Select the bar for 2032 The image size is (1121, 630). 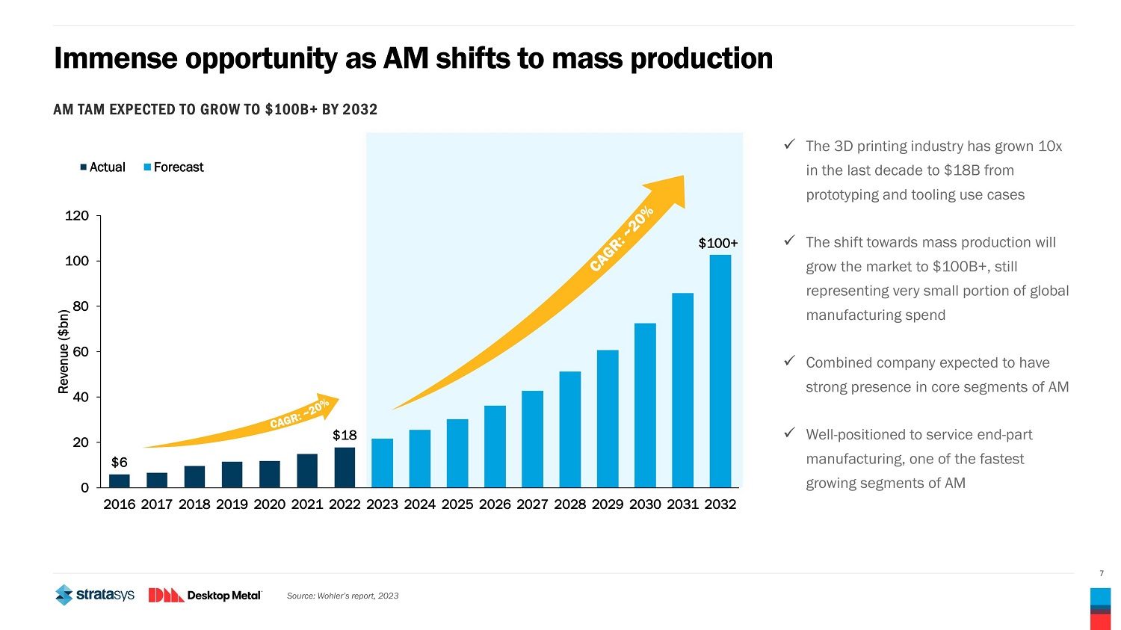tap(720, 371)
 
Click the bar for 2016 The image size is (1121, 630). tap(120, 481)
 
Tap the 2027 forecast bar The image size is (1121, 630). tap(532, 439)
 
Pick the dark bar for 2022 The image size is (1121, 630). tap(345, 467)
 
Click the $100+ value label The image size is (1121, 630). tap(717, 243)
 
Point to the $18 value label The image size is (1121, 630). tap(345, 435)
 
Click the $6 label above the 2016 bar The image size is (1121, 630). tap(120, 463)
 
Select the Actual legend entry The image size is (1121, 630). tap(103, 167)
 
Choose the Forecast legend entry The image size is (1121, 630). tap(173, 167)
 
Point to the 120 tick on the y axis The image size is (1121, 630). tap(77, 216)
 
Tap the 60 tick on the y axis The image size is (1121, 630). tap(81, 351)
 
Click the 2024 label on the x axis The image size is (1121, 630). tap(419, 504)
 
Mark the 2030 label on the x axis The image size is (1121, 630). tap(645, 504)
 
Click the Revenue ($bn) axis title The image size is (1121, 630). tap(64, 351)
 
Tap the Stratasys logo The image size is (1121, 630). tap(95, 595)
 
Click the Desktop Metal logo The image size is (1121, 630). tap(205, 595)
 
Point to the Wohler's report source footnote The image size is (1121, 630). tap(342, 596)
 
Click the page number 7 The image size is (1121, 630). tap(1101, 574)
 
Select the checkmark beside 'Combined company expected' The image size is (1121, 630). tap(788, 362)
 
